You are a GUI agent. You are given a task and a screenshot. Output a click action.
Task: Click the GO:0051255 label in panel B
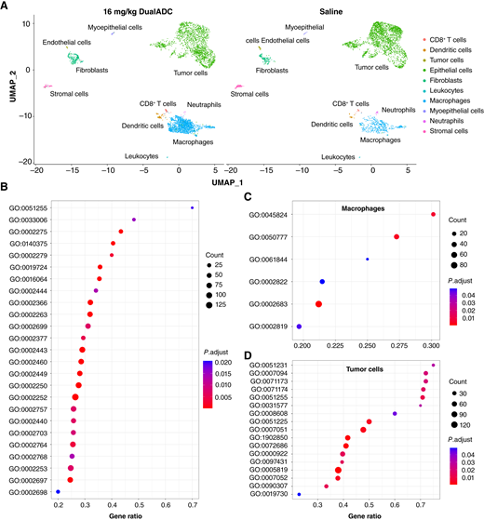(31, 207)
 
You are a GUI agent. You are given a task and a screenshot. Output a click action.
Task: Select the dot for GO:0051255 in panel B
(192, 207)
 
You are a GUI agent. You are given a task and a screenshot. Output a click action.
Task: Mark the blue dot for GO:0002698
(59, 490)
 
